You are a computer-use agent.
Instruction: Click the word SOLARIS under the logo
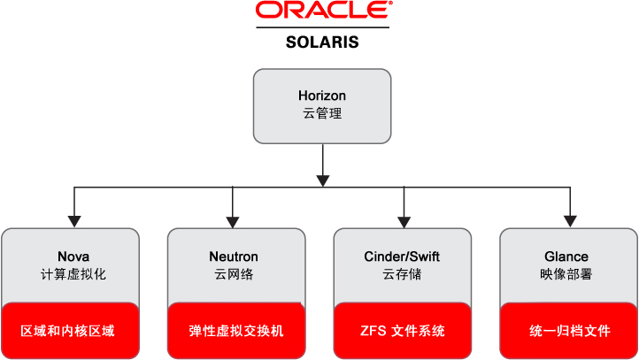322,42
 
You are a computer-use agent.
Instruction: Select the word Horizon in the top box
322,96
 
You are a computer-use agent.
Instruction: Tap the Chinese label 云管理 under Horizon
322,113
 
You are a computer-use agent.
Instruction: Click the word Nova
73,257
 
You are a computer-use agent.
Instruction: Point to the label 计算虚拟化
73,274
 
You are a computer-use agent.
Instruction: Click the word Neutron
234,257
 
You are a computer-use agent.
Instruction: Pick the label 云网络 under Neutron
234,274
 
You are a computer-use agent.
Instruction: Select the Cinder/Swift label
403,257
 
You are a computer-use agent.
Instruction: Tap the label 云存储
403,274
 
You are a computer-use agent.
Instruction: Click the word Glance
567,257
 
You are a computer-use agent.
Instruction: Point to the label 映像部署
567,274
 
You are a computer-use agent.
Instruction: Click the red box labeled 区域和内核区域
71,331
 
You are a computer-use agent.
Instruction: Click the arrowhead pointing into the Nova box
74,220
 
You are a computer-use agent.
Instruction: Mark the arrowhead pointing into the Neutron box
234,220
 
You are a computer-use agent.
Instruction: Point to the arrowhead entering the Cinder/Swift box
403,220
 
